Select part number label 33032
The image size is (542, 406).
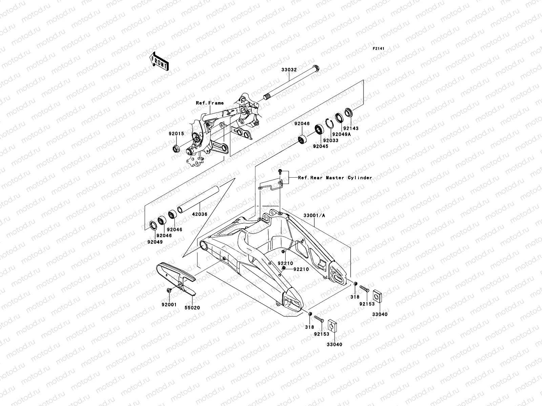coord(289,70)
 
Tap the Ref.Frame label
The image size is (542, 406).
coord(210,103)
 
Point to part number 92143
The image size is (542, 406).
coord(351,129)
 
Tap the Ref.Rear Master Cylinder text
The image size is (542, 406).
coord(335,178)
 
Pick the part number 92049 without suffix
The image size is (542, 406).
coord(155,242)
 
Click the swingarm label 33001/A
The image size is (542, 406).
coord(314,215)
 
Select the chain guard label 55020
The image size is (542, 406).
coord(192,308)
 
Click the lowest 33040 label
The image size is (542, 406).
coord(334,344)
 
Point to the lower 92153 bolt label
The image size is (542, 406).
coord(321,334)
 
